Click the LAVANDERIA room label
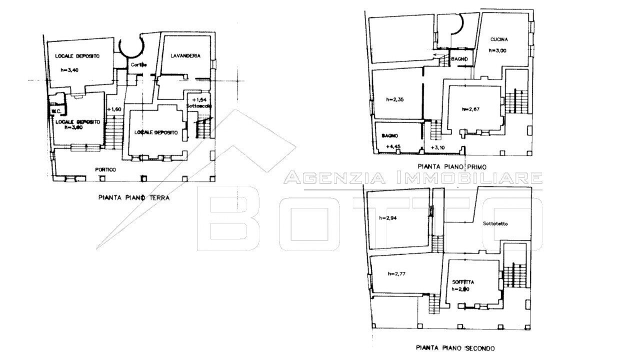coord(185,56)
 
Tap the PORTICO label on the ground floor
coord(105,170)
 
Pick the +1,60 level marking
coord(114,109)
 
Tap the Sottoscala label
coord(199,107)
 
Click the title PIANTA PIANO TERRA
coord(133,198)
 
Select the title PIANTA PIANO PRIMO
coord(452,166)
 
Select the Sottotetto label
coord(495,224)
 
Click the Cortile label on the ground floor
coord(138,65)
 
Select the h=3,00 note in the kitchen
coord(498,50)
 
